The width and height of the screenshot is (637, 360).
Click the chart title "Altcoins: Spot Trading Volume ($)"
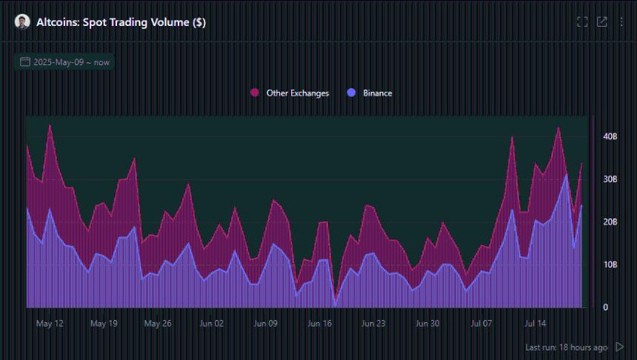pyautogui.click(x=121, y=22)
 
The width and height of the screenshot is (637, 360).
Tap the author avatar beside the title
pyautogui.click(x=22, y=22)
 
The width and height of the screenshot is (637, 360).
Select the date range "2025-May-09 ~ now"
pyautogui.click(x=71, y=62)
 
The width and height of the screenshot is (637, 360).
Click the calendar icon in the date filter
pyautogui.click(x=25, y=62)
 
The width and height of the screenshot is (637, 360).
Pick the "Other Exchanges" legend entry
pyautogui.click(x=297, y=93)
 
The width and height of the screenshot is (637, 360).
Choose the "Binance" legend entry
pyautogui.click(x=377, y=93)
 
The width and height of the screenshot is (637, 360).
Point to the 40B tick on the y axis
pyautogui.click(x=610, y=136)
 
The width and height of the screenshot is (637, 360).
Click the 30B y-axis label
pyautogui.click(x=610, y=179)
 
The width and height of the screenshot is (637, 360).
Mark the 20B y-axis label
pyautogui.click(x=610, y=222)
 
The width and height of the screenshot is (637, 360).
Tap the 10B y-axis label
pyautogui.click(x=610, y=264)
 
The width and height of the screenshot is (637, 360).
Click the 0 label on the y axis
pyautogui.click(x=605, y=307)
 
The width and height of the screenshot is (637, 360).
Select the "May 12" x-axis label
pyautogui.click(x=50, y=324)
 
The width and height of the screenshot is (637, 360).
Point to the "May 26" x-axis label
pyautogui.click(x=158, y=324)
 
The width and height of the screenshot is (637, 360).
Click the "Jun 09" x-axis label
pyautogui.click(x=265, y=324)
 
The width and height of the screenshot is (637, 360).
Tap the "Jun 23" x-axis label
pyautogui.click(x=373, y=324)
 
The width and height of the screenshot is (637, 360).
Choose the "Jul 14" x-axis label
pyautogui.click(x=536, y=324)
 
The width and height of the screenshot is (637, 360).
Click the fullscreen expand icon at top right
pyautogui.click(x=582, y=22)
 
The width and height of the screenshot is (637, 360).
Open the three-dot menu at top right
pyautogui.click(x=621, y=22)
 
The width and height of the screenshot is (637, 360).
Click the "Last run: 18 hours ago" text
pyautogui.click(x=566, y=347)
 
